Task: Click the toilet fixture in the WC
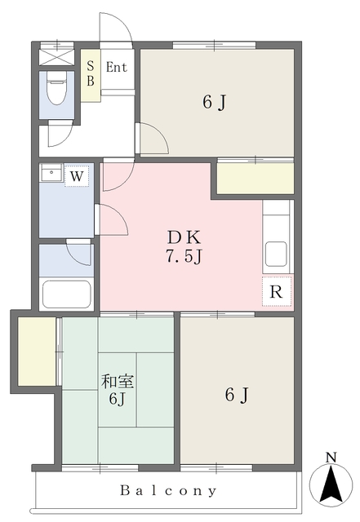tap(56, 87)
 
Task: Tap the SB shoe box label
tap(91, 73)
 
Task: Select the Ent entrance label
tap(117, 67)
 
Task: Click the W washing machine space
tap(77, 175)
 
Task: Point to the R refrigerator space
tap(277, 291)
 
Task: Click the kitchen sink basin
tap(276, 254)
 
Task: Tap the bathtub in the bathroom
tap(67, 294)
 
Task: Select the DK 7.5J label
tap(184, 246)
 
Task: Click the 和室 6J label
tap(118, 390)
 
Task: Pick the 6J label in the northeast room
tap(215, 102)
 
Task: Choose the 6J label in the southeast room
tap(237, 395)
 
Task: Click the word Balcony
tap(168, 490)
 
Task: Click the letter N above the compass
tap(331, 458)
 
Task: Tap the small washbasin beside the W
tap(51, 172)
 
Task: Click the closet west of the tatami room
tap(37, 352)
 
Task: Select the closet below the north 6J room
tap(256, 179)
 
